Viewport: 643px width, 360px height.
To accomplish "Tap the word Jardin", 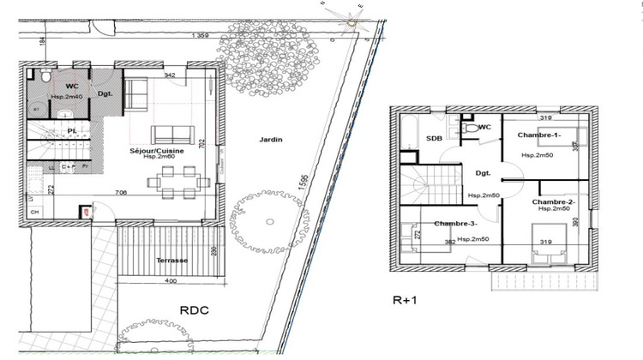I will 270,140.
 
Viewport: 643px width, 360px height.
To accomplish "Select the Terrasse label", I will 171,260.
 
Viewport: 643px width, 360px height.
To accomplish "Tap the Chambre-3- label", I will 455,224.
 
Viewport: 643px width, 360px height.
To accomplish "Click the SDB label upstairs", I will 435,137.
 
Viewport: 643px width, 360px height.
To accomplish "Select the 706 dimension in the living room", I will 122,194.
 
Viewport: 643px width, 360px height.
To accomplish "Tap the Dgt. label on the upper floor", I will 482,172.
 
